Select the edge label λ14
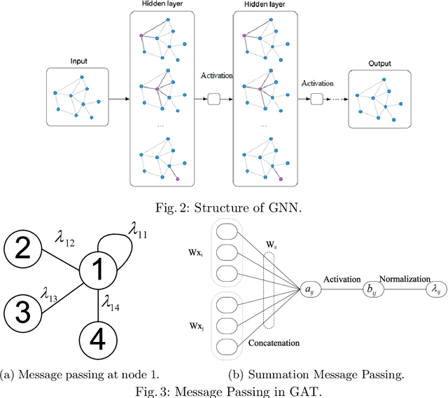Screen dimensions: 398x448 [111, 303]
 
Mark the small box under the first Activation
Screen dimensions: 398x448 [214, 100]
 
